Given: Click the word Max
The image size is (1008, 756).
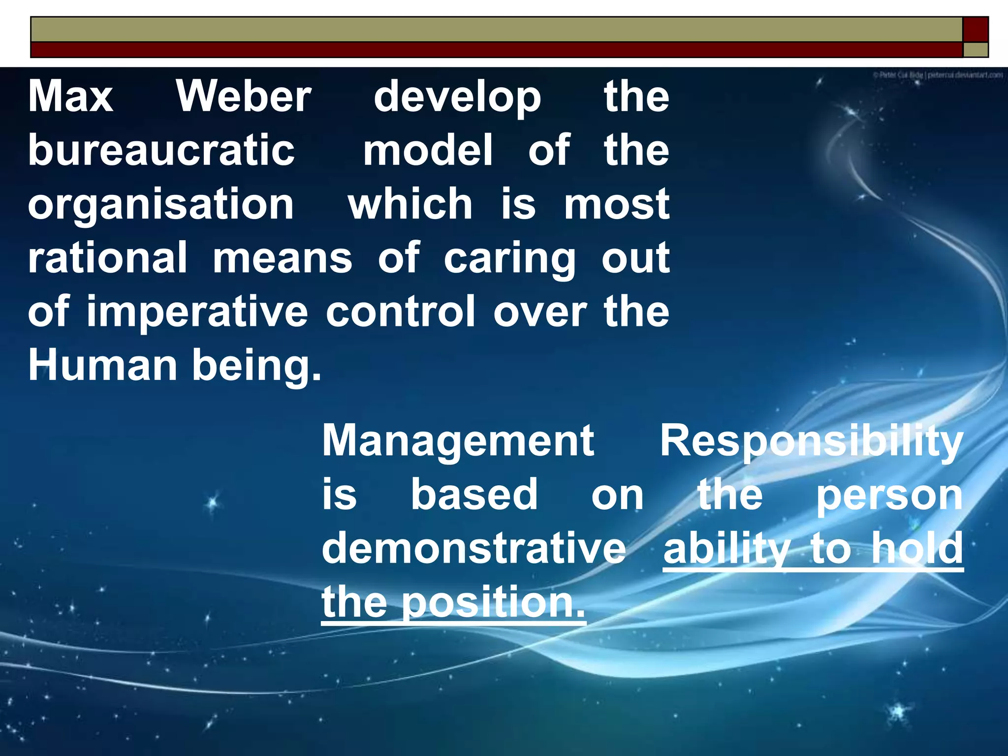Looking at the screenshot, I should click(70, 96).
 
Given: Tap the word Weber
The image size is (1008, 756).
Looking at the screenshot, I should click(244, 96).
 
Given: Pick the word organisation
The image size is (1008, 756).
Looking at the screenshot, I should click(161, 205).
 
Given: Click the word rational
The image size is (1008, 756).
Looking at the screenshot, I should click(107, 257).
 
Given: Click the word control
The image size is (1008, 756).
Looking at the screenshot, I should click(401, 312).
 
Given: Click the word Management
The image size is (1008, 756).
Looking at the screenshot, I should click(458, 441).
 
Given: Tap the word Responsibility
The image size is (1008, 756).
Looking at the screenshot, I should click(811, 441).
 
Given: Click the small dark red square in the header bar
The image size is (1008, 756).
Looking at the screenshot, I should click(975, 30).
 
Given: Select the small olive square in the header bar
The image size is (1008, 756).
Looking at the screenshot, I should click(975, 50).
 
